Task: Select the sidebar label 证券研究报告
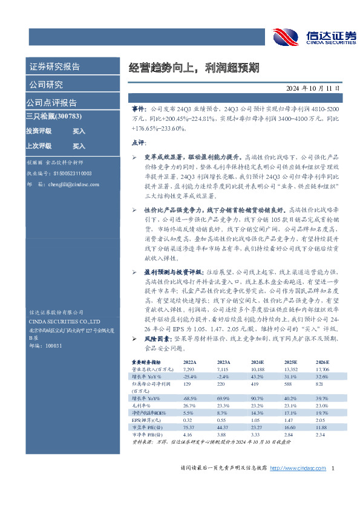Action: (55, 66)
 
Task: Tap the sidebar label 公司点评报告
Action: (52, 102)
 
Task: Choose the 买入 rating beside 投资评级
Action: (79, 131)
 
